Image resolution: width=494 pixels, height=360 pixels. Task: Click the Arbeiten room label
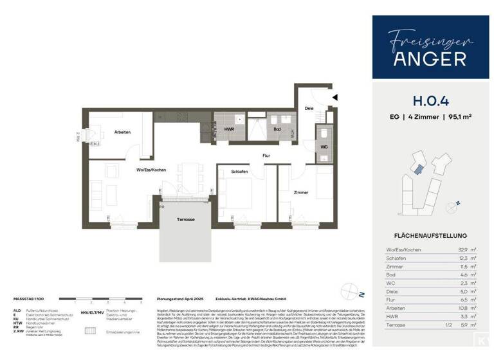pos(122,132)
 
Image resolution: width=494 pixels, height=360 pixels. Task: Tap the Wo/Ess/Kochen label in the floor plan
pos(152,169)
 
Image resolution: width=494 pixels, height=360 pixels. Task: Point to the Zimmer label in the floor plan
pos(300,192)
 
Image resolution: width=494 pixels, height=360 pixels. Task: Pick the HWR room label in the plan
pos(229,129)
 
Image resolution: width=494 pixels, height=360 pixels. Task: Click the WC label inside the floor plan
pos(324,147)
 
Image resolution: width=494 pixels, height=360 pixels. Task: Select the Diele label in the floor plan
pos(309,108)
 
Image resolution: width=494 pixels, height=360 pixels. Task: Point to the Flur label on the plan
pos(266,156)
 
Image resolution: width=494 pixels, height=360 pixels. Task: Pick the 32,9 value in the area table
pos(460,249)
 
